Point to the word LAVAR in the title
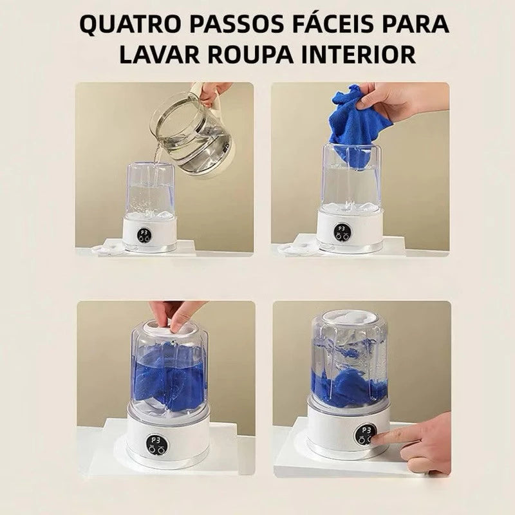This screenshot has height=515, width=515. pyautogui.click(x=159, y=54)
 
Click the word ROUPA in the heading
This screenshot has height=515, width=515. pyautogui.click(x=250, y=54)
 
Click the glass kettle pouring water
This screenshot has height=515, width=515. pyautogui.click(x=191, y=135)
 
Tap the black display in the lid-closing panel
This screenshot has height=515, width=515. pyautogui.click(x=156, y=445)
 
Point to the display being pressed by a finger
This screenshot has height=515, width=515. pyautogui.click(x=365, y=435)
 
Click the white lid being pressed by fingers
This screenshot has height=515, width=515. pyautogui.click(x=170, y=327)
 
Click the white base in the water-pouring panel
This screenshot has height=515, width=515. pyautogui.click(x=150, y=232)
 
